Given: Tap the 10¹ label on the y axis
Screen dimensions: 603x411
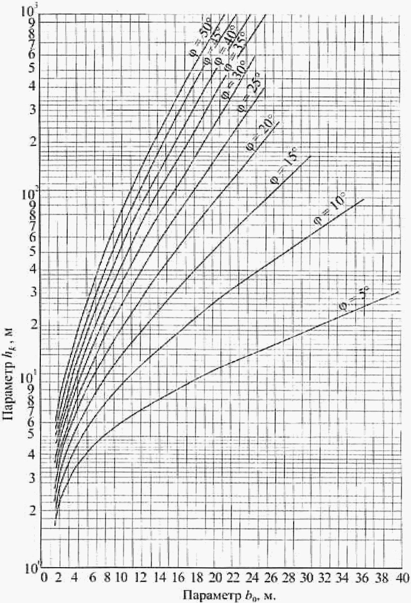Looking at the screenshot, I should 30,378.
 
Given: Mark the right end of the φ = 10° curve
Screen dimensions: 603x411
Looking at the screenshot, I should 363,199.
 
